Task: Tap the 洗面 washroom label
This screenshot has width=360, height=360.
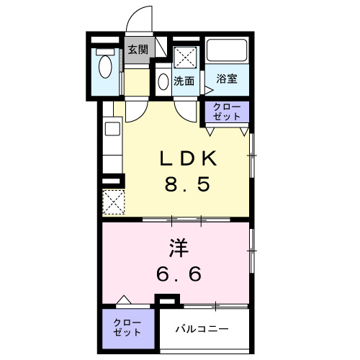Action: click(184, 81)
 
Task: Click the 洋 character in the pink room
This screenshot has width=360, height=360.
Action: click(179, 248)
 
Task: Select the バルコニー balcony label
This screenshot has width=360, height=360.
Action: click(204, 329)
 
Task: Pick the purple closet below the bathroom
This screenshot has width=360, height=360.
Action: click(227, 112)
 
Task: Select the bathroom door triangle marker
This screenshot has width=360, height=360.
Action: click(208, 91)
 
